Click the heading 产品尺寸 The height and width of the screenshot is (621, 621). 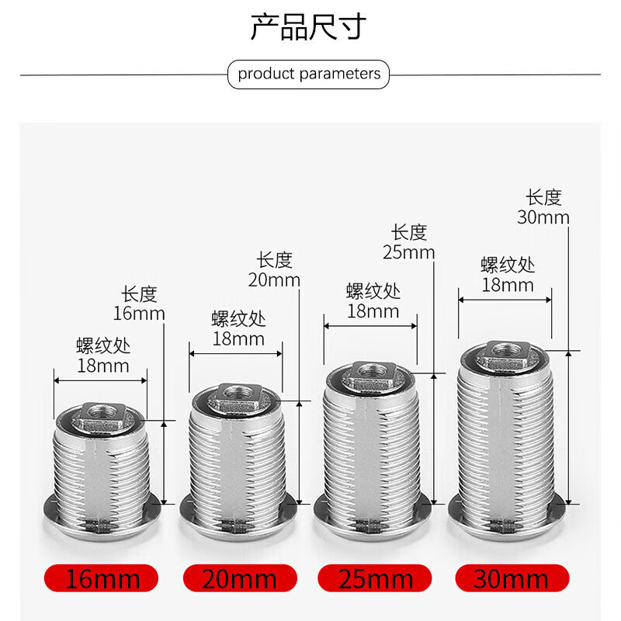(308, 27)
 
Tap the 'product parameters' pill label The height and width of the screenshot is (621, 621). (309, 75)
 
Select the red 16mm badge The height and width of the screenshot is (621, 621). (102, 578)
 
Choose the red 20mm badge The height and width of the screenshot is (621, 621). (240, 578)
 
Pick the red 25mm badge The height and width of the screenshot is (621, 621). (376, 578)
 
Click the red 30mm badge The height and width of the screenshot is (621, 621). (512, 578)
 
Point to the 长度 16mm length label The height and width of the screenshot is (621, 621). (139, 304)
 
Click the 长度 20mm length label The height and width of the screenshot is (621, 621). (274, 269)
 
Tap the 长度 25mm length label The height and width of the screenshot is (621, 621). (408, 241)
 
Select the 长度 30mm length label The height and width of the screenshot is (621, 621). (543, 207)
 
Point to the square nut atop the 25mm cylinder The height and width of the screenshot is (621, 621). (370, 375)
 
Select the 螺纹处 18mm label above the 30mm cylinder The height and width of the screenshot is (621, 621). (507, 274)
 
